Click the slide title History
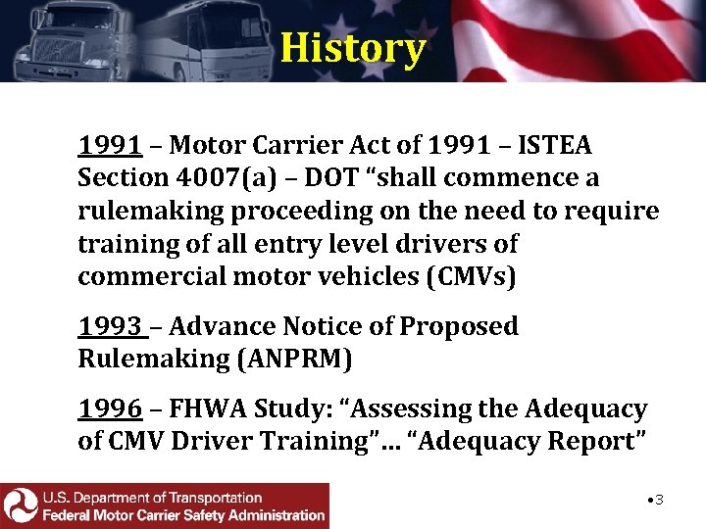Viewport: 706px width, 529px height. click(352, 46)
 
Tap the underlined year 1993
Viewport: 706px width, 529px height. click(109, 326)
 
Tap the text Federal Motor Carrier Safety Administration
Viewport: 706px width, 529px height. click(183, 514)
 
